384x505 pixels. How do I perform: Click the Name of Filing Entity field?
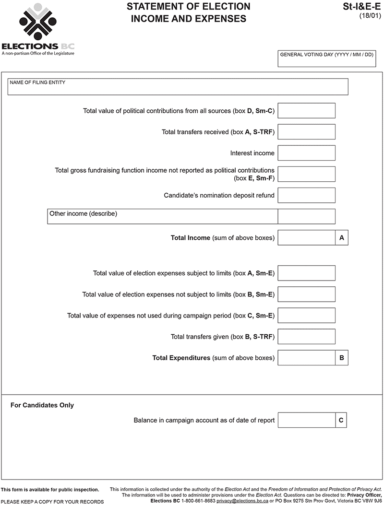(x=178, y=87)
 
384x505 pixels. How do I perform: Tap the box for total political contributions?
(x=306, y=111)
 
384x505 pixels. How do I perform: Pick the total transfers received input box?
(x=306, y=132)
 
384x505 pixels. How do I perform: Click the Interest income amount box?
(x=306, y=153)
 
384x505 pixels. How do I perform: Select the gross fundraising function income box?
(x=306, y=174)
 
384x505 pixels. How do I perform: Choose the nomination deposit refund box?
(x=306, y=195)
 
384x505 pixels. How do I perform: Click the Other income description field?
(x=162, y=216)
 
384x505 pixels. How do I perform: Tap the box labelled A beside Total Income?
(x=342, y=237)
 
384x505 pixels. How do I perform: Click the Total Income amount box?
(x=306, y=237)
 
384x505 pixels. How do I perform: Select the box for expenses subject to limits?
(x=306, y=273)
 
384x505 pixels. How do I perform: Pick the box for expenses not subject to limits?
(x=306, y=294)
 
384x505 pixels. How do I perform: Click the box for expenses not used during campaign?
(x=306, y=316)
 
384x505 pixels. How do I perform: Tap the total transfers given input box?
(x=306, y=337)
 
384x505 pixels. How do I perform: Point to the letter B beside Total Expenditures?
(x=342, y=358)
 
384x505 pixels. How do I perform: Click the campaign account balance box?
(x=306, y=420)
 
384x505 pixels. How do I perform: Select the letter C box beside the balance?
(x=341, y=420)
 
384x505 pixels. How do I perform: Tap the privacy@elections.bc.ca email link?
(x=242, y=500)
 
